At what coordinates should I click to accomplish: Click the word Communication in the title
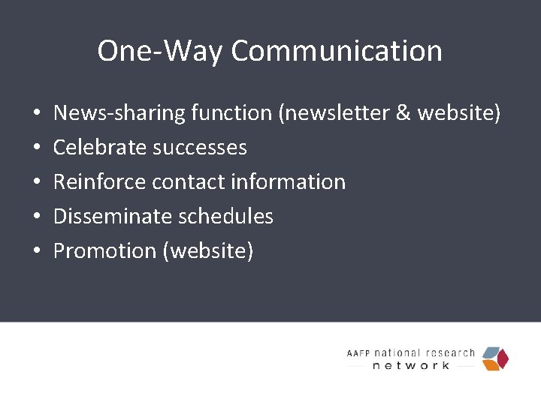[337, 51]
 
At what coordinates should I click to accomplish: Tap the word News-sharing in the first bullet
[119, 113]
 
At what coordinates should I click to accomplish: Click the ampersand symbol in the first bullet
[402, 113]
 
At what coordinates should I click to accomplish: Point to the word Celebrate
[100, 148]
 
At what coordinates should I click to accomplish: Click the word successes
[200, 148]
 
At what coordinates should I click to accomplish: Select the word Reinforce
[100, 182]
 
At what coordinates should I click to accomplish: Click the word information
[289, 182]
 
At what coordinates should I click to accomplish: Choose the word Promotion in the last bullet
[104, 251]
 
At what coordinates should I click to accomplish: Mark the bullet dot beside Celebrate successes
[36, 148]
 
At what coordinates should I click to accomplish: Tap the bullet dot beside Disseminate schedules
[36, 217]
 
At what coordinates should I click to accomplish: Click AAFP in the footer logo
[359, 353]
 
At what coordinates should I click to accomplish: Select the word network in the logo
[411, 365]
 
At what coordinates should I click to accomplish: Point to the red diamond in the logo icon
[503, 358]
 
